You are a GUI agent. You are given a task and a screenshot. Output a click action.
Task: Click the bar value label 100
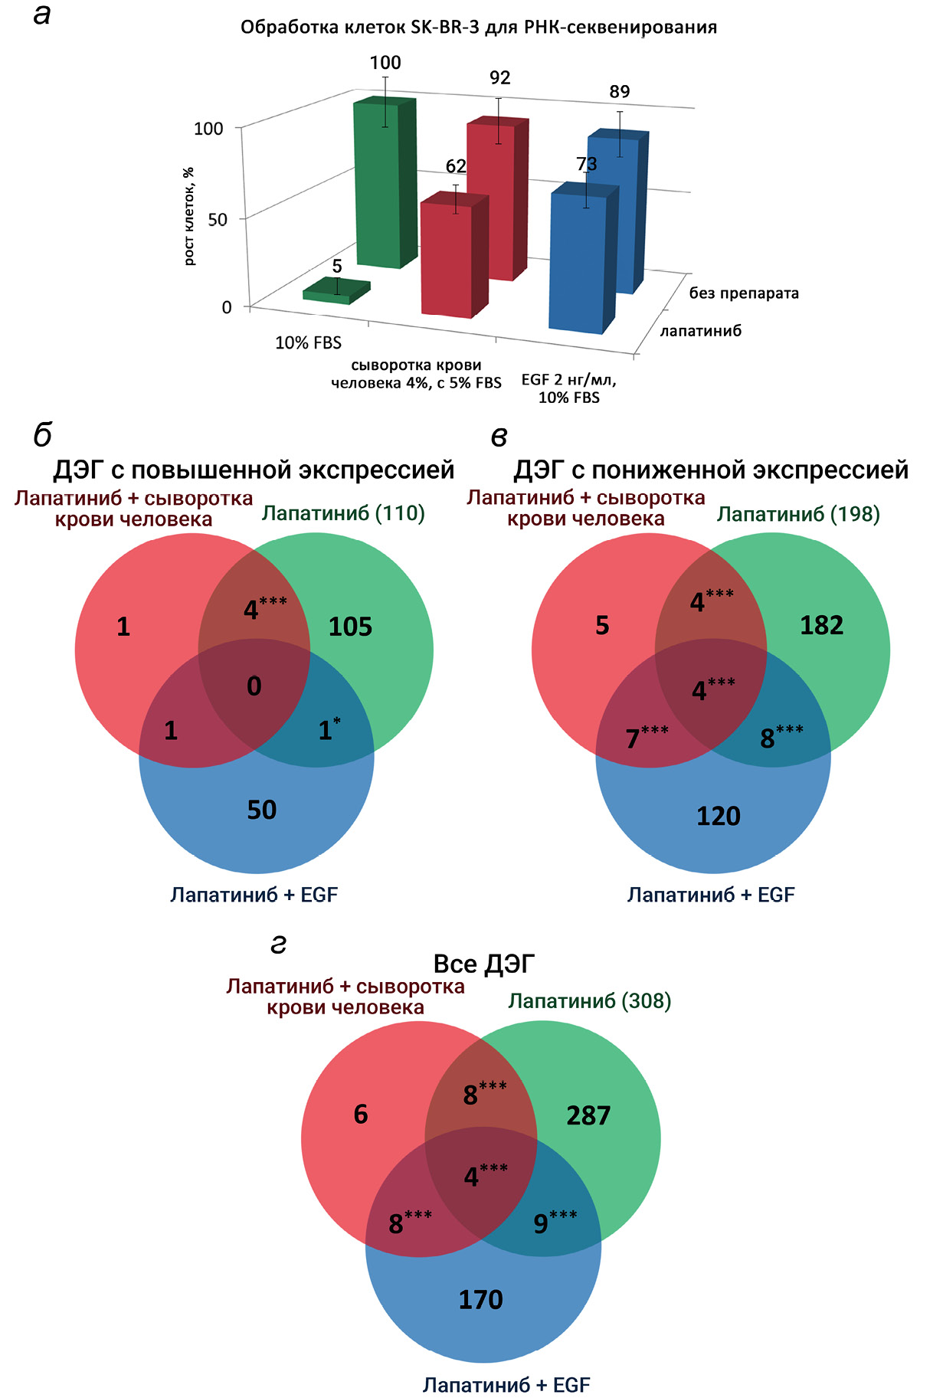385,63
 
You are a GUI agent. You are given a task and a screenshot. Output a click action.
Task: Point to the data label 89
620,92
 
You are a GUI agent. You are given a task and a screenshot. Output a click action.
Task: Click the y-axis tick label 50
218,220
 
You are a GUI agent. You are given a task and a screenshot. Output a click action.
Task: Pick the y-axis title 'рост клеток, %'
189,217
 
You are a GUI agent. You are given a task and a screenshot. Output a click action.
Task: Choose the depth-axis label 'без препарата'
744,293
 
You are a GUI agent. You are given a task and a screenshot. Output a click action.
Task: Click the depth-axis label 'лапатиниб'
701,331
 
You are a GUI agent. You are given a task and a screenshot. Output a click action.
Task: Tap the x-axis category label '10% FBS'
308,343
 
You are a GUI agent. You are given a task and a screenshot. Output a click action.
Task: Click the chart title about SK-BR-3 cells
479,28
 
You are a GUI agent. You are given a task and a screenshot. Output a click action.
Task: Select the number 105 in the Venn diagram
350,627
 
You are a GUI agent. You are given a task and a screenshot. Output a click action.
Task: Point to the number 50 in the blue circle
261,810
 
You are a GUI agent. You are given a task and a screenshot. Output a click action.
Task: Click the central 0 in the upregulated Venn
254,686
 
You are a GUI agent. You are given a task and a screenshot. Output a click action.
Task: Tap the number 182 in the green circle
821,626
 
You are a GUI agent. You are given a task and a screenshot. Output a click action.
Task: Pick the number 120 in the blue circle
718,817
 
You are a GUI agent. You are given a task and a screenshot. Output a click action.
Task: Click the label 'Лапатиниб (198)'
798,514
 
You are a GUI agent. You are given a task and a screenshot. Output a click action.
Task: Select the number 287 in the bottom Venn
588,1116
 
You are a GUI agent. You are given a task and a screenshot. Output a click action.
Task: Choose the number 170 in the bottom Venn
480,1300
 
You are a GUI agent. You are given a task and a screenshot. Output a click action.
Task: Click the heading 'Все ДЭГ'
484,964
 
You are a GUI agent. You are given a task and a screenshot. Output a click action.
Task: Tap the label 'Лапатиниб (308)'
589,1001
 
